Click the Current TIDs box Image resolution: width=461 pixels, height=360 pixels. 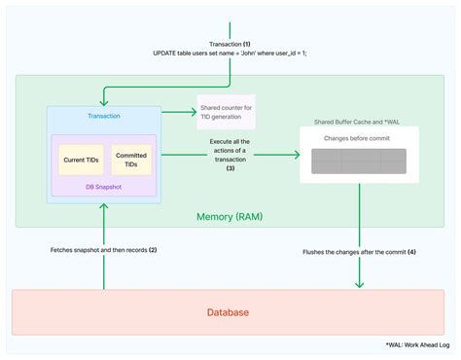pyautogui.click(x=80, y=160)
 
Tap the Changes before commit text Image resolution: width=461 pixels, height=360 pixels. pyautogui.click(x=358, y=139)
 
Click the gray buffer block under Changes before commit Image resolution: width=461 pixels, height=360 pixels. pyautogui.click(x=359, y=162)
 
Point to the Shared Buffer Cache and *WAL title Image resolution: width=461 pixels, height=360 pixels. pyautogui.click(x=359, y=122)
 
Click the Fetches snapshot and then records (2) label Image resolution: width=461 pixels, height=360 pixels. pyautogui.click(x=103, y=250)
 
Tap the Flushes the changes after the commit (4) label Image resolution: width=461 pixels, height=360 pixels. pyautogui.click(x=359, y=254)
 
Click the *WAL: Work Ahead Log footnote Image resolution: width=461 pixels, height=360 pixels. pyautogui.click(x=415, y=344)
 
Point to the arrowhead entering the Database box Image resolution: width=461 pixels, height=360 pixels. pyautogui.click(x=359, y=283)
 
